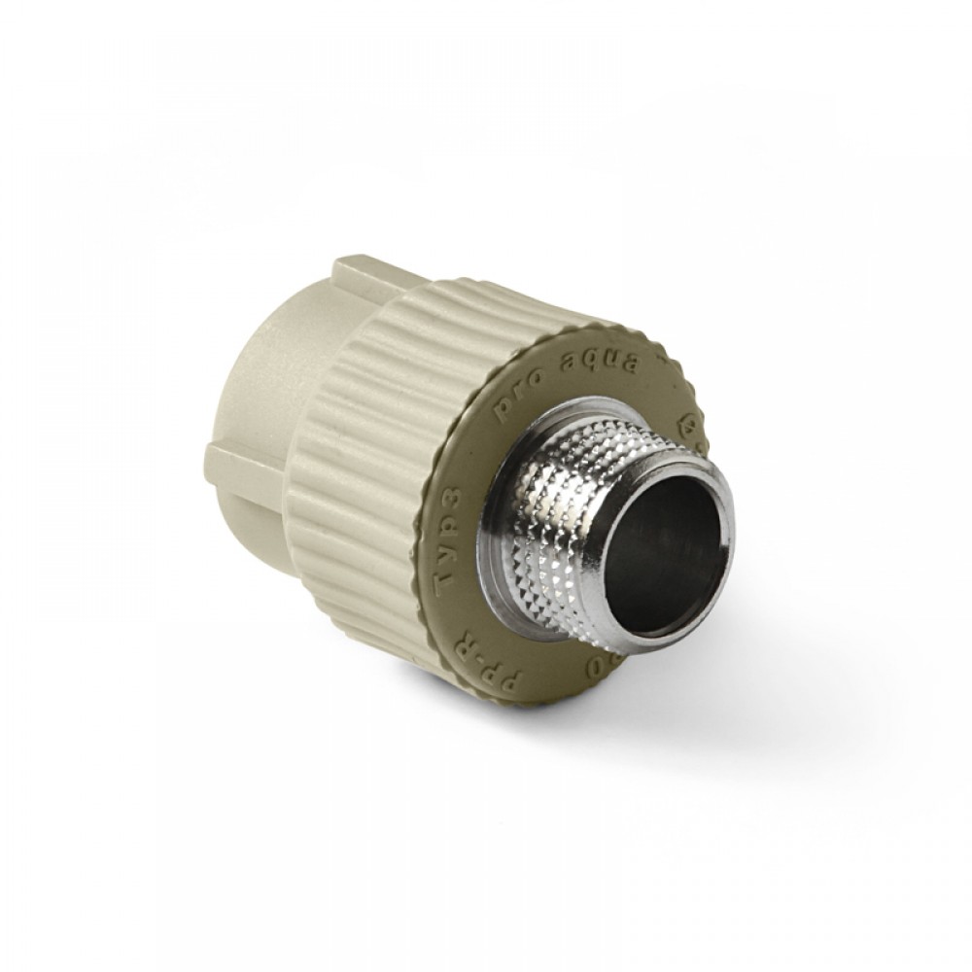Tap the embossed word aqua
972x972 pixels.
point(598,359)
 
